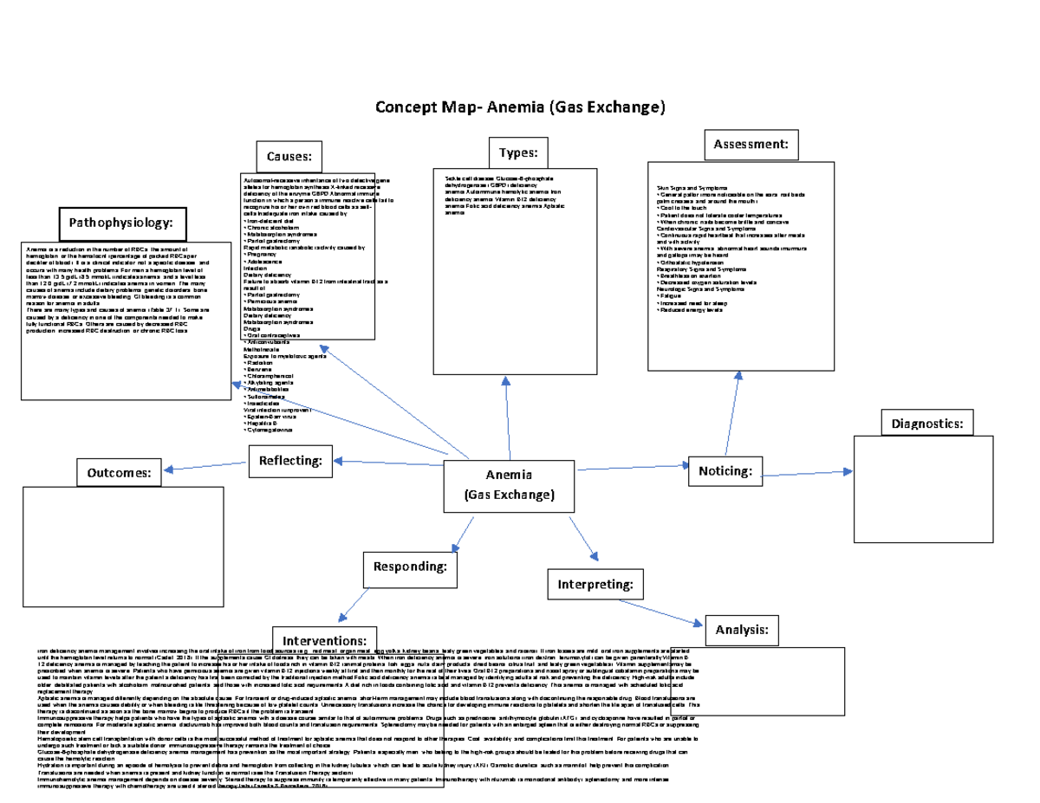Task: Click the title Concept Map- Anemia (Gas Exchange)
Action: coord(519,107)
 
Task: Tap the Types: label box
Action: coord(518,152)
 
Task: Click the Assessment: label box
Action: coord(750,145)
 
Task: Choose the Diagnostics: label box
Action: coord(926,424)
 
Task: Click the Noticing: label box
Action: coord(725,470)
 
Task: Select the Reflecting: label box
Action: coord(290,460)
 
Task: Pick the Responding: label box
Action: coord(410,567)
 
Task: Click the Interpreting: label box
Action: coord(595,583)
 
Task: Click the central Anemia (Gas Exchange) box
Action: coord(509,486)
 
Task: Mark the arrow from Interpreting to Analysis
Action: coord(672,612)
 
